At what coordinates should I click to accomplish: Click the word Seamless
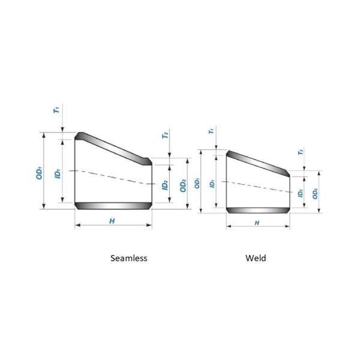pyautogui.click(x=129, y=258)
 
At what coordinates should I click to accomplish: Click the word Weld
pyautogui.click(x=256, y=258)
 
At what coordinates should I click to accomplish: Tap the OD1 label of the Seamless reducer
pyautogui.click(x=39, y=172)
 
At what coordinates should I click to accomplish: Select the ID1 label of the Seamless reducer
pyautogui.click(x=57, y=172)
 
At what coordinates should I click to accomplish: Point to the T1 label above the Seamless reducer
pyautogui.click(x=56, y=110)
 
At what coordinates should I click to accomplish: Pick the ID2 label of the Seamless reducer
pyautogui.click(x=164, y=185)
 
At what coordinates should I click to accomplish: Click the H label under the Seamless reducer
pyautogui.click(x=112, y=221)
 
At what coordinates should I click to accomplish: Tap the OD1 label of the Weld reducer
pyautogui.click(x=197, y=181)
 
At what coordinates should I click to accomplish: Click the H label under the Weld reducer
pyautogui.click(x=257, y=223)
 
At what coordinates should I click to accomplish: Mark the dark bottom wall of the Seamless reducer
pyautogui.click(x=113, y=206)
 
